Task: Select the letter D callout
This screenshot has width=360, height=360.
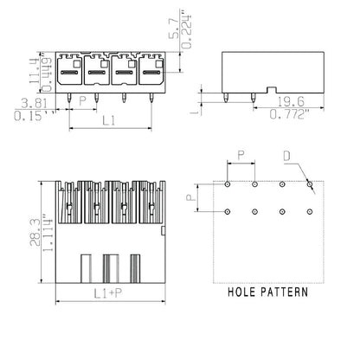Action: [287, 157]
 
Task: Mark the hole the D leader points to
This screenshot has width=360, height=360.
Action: [311, 184]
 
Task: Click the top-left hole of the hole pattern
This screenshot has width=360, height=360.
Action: [227, 184]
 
